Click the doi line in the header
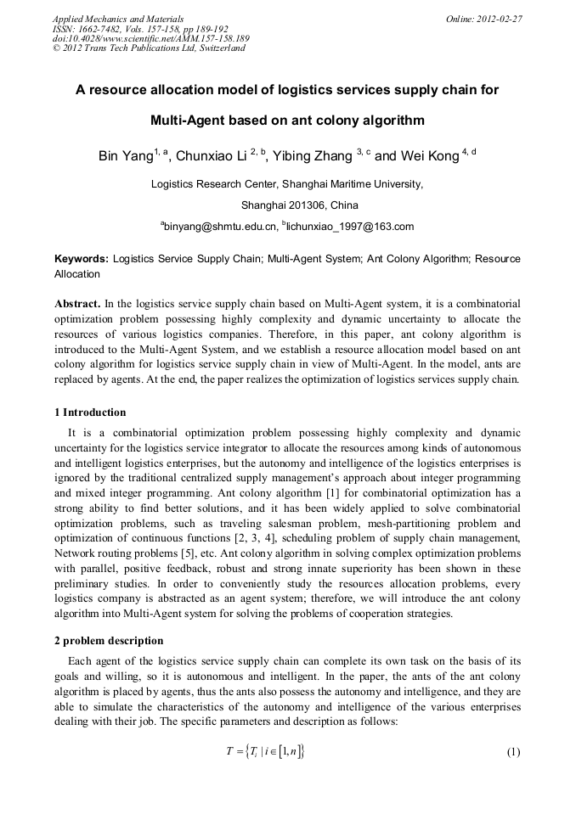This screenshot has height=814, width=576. point(150,38)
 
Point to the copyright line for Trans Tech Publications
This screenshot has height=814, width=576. point(149,48)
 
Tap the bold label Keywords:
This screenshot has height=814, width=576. point(82,258)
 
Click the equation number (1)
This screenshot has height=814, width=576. point(512,752)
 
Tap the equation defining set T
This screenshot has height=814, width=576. point(263,752)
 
